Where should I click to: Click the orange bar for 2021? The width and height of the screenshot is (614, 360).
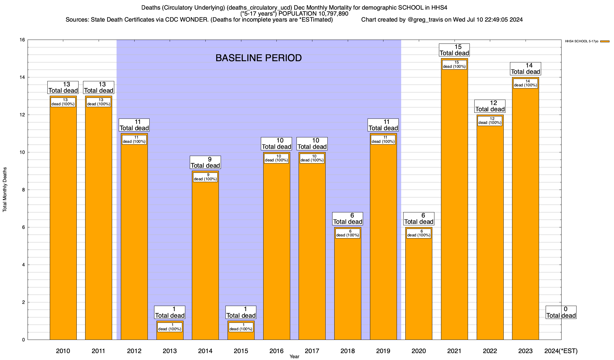[454, 204]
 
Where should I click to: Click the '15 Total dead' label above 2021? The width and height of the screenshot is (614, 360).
[454, 50]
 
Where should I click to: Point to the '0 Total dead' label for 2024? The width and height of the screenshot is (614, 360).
[561, 312]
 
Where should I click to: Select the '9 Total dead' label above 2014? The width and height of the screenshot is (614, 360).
[205, 162]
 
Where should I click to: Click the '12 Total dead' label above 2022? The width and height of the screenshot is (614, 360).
[490, 106]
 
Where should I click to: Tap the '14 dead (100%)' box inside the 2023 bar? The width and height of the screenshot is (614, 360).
[526, 83]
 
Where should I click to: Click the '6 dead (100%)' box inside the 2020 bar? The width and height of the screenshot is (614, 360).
[419, 233]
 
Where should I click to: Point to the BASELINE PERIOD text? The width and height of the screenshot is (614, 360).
[258, 58]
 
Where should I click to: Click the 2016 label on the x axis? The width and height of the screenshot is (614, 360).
[276, 351]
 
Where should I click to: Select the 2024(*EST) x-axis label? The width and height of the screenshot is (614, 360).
[561, 351]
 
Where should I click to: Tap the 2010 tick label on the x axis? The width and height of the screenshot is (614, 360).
[63, 351]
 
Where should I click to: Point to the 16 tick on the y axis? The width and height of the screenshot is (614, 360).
[22, 40]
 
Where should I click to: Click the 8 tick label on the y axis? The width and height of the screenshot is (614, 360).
[23, 190]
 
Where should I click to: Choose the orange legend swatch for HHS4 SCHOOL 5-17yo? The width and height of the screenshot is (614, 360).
[605, 41]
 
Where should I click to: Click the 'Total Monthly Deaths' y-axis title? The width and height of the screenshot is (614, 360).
[5, 189]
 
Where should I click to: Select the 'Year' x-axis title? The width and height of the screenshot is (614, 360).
[294, 357]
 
